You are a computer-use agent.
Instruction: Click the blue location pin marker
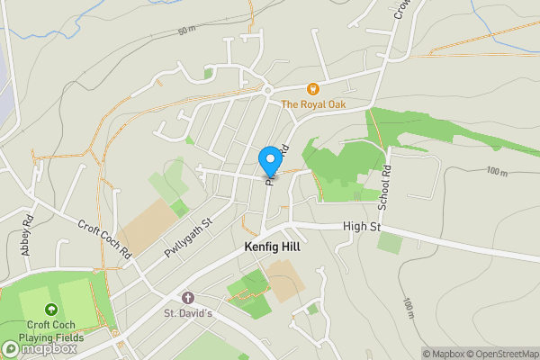pyautogui.click(x=269, y=161)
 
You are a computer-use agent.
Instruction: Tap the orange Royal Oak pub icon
pyautogui.click(x=313, y=89)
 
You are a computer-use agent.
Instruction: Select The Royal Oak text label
pyautogui.click(x=313, y=104)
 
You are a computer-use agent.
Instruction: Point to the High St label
pyautogui.click(x=362, y=227)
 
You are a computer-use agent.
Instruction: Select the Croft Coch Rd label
pyautogui.click(x=103, y=240)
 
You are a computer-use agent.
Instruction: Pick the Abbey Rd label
pyautogui.click(x=28, y=233)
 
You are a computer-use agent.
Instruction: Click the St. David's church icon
pyautogui.click(x=187, y=298)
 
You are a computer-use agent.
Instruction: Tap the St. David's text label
pyautogui.click(x=187, y=313)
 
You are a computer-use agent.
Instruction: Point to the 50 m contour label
pyautogui.click(x=186, y=31)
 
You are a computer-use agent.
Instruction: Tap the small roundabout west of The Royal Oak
pyautogui.click(x=267, y=90)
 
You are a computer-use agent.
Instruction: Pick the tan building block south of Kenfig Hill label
pyautogui.click(x=283, y=281)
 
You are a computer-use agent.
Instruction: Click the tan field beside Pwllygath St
pyautogui.click(x=145, y=225)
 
